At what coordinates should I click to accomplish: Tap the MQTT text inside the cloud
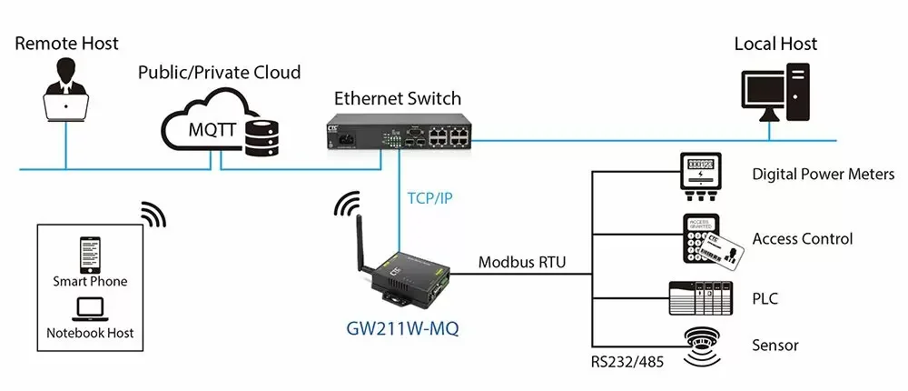(212, 129)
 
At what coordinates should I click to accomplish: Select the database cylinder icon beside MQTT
(262, 137)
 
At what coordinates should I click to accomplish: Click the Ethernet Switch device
(399, 132)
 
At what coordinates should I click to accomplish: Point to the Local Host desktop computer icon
(775, 93)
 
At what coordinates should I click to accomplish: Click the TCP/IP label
(429, 198)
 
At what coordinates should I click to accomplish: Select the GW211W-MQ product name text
(402, 328)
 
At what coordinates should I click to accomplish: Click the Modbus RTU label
(522, 262)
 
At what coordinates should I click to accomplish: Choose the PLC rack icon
(701, 298)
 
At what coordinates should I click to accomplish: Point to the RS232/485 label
(627, 363)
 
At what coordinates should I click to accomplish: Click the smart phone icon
(89, 256)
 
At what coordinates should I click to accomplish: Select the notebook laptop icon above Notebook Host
(89, 310)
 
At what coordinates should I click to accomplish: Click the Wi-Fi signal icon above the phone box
(153, 215)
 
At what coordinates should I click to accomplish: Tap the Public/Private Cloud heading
(220, 73)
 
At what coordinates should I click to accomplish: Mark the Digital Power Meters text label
(824, 174)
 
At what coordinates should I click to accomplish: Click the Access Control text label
(803, 238)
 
